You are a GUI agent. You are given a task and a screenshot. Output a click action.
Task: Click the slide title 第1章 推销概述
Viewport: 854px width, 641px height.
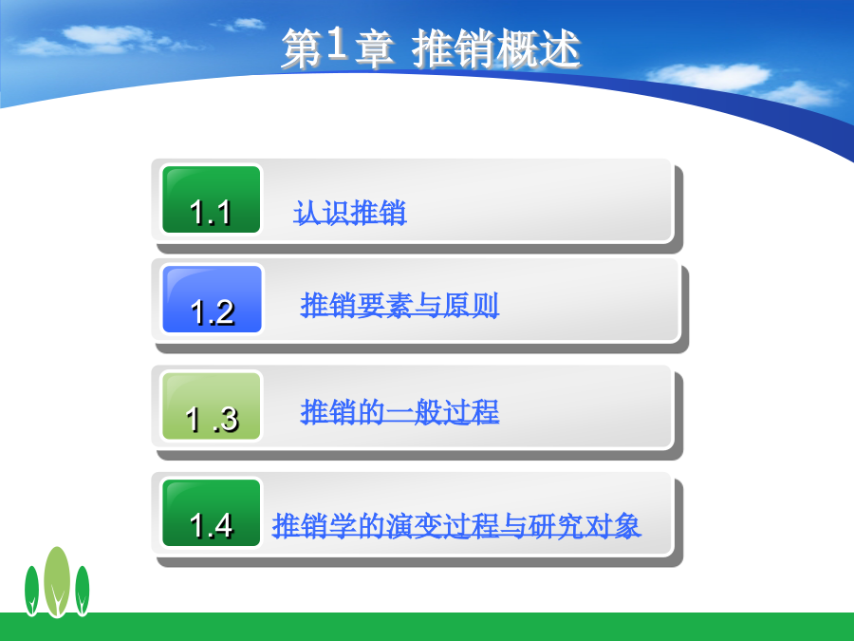431,48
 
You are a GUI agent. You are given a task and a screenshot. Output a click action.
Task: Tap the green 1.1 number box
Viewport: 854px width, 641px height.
212,199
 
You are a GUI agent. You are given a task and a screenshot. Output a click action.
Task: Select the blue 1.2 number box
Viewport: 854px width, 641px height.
212,299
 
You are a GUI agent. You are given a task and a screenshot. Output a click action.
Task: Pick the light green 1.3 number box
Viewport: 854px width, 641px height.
212,406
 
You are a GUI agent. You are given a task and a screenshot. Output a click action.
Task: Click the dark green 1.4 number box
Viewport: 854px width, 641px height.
212,513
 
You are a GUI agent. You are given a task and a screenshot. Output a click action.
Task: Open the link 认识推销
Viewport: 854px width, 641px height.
349,212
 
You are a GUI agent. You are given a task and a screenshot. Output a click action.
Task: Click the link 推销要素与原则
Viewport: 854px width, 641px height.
399,305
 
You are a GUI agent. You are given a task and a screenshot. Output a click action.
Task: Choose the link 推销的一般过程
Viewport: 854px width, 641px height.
399,411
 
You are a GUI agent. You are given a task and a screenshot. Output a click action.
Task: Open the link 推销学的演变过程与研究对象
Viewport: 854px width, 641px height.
456,525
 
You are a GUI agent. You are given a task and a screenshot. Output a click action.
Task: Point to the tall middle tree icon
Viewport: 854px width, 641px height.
57,581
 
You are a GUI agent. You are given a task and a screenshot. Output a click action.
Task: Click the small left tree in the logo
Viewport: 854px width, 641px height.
31,591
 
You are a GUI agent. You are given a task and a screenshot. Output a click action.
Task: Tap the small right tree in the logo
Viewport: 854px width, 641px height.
83,591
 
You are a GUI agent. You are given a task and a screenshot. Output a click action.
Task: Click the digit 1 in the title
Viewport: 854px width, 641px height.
337,44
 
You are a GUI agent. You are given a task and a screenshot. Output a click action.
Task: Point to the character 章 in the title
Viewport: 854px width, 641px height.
374,48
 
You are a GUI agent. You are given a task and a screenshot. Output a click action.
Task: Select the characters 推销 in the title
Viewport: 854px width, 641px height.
454,48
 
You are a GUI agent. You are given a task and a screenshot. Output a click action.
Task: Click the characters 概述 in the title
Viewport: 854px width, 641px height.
539,48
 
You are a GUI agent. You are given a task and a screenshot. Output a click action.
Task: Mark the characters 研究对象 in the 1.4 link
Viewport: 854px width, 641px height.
585,525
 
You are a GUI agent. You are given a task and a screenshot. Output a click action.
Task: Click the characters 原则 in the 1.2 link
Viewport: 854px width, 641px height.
471,305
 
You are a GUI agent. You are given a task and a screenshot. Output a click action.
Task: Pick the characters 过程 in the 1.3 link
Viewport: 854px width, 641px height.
471,411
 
